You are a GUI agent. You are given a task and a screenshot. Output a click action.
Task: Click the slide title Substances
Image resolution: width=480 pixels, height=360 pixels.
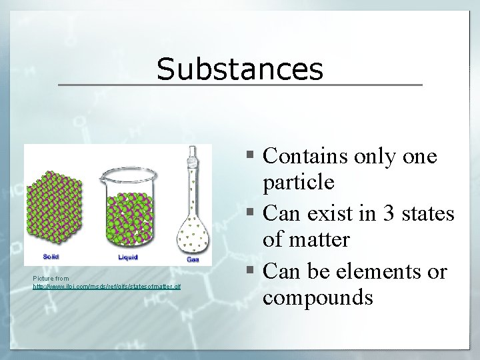pos(240,69)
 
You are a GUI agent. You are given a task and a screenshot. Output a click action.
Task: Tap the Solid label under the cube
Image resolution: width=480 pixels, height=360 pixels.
pos(51,257)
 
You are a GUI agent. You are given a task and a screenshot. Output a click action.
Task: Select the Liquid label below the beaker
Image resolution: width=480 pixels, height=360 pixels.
pos(127,257)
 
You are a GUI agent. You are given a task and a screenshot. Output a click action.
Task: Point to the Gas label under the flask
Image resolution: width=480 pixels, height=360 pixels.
pos(193,259)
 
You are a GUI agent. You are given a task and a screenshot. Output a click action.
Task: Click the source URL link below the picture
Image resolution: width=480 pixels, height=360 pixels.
pos(107,286)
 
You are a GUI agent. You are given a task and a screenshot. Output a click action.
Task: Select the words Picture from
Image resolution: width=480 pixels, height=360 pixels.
pos(51,278)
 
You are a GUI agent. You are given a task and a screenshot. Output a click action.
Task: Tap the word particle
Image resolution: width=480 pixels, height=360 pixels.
pos(299,181)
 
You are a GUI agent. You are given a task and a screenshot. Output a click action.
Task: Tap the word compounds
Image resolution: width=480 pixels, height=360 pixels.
pos(317,297)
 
